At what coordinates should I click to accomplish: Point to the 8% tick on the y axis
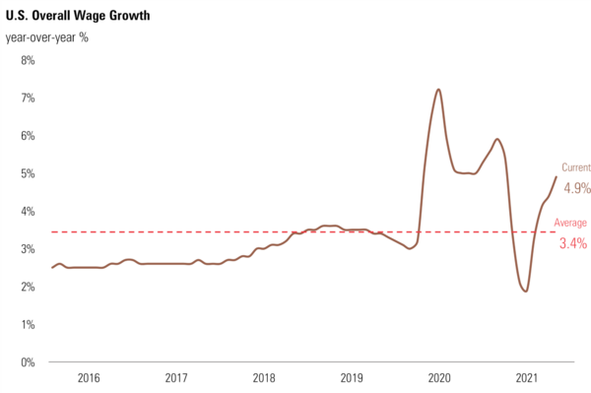(27, 60)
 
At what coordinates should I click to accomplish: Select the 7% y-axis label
(27, 98)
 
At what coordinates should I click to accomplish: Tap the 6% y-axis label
(27, 136)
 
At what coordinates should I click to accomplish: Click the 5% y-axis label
(27, 173)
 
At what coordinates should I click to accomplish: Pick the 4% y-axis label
(27, 211)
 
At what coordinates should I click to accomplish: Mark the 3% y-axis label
(27, 249)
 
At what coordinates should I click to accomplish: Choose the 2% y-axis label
(27, 287)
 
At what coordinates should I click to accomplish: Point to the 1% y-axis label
(27, 324)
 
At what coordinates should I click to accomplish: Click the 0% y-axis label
(27, 361)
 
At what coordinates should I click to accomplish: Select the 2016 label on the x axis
(89, 378)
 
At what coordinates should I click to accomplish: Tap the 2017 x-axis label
(176, 378)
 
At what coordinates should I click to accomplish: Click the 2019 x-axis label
(352, 378)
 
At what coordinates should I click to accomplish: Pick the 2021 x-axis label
(527, 378)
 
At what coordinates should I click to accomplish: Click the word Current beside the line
(576, 167)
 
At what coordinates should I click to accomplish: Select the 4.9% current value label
(576, 187)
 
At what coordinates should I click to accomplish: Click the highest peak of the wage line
(437, 90)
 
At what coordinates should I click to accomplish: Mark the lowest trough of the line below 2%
(526, 291)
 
